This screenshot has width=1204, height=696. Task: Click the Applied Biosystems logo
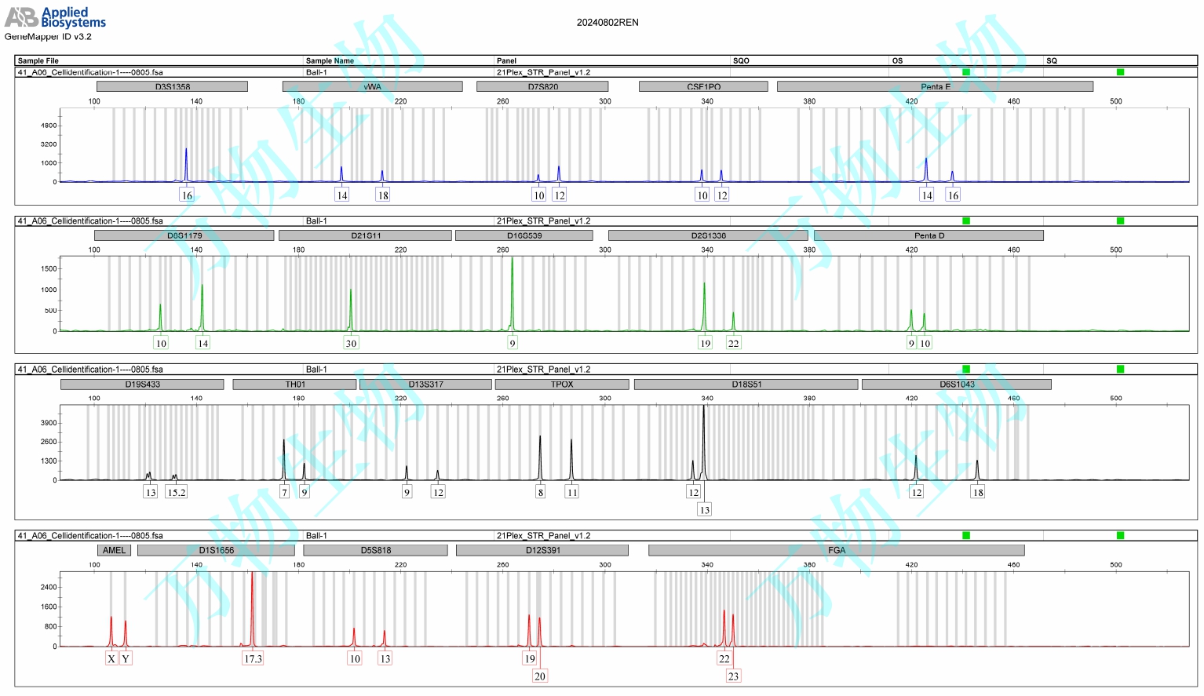[x=55, y=17]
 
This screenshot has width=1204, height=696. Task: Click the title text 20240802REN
[x=607, y=23]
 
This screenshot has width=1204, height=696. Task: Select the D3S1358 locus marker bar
[x=172, y=86]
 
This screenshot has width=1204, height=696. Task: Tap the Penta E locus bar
[x=935, y=86]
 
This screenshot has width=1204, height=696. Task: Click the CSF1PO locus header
[x=703, y=86]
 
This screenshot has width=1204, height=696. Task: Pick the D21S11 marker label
[x=365, y=235]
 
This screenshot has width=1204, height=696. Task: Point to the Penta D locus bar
[x=929, y=235]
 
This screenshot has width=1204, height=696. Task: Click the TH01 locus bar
[x=295, y=384]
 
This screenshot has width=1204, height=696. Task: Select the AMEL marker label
[x=114, y=550]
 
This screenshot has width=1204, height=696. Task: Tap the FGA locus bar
[x=836, y=550]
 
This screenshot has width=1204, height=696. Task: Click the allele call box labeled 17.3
[x=253, y=658]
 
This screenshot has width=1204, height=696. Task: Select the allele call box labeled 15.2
[x=176, y=492]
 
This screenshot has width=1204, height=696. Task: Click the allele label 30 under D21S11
[x=351, y=343]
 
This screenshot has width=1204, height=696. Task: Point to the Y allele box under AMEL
[x=126, y=658]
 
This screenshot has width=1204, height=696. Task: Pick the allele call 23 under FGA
[x=733, y=676]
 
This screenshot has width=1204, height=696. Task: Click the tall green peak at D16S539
[x=512, y=290]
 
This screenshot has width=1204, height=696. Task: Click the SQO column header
[x=741, y=60]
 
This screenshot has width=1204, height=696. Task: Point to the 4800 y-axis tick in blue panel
[x=49, y=126]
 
